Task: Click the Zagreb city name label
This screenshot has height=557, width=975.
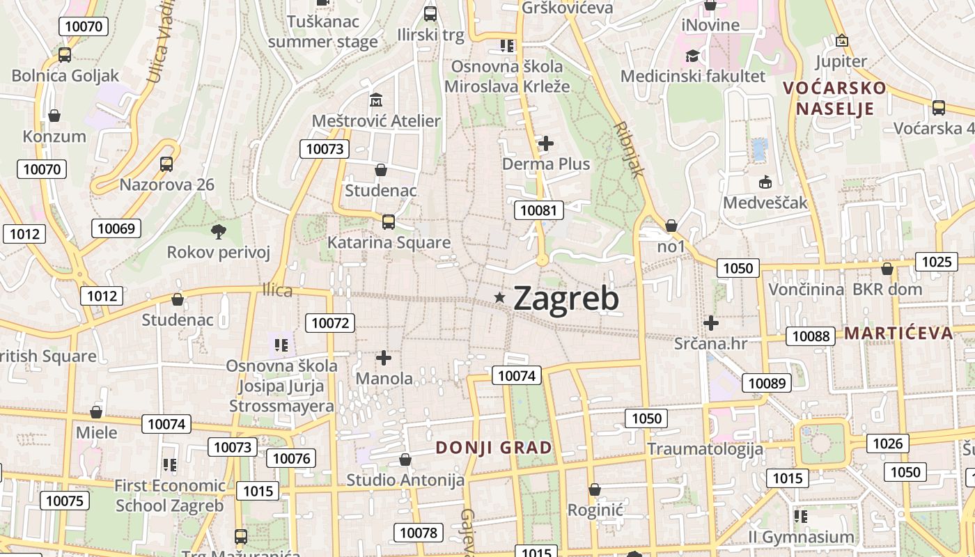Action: (565, 299)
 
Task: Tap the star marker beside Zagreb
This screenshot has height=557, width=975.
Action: (499, 298)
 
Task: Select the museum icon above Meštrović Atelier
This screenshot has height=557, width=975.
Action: (376, 100)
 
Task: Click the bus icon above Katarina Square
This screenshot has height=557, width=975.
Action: (389, 222)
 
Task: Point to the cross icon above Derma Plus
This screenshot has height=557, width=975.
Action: (546, 143)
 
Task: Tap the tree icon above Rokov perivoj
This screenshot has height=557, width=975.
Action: (218, 231)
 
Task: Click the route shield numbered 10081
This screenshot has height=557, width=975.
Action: (539, 210)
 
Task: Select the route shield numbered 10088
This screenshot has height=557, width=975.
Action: (811, 336)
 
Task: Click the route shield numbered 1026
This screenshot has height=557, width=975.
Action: (887, 444)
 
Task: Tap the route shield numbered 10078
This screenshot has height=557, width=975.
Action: (418, 533)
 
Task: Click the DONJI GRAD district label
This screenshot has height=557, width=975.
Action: (494, 448)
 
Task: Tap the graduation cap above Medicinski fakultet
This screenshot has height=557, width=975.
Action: (692, 56)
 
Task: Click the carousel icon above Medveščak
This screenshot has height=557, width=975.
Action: (765, 182)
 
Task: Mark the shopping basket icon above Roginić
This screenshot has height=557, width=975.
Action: (594, 489)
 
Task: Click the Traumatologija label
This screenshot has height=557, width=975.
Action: (705, 448)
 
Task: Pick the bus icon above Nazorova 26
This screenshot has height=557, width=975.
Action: (166, 164)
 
